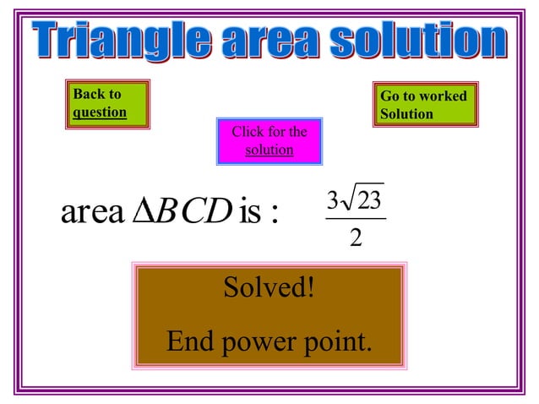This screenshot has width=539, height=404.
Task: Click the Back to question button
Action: click(x=107, y=103)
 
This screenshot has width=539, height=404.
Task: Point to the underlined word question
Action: click(x=100, y=112)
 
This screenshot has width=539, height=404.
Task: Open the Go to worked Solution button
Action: click(x=425, y=105)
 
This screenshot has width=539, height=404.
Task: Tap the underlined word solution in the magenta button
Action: click(x=269, y=150)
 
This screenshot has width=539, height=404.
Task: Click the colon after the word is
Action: click(x=273, y=215)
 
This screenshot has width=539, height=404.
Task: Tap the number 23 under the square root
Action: click(x=369, y=201)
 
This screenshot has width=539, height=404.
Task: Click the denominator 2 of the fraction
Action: click(x=356, y=239)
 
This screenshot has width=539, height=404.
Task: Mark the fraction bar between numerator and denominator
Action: click(x=356, y=220)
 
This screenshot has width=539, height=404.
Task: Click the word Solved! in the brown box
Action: click(x=269, y=288)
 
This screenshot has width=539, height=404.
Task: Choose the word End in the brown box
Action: click(x=188, y=341)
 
